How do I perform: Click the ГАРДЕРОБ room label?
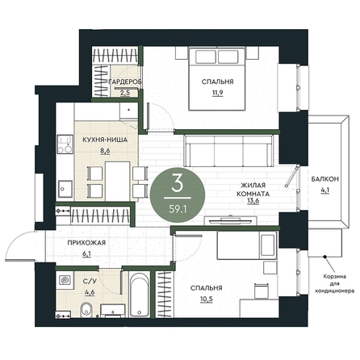[x=124, y=82]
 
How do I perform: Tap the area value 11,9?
[x=217, y=93]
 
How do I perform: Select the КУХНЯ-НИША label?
[x=105, y=140]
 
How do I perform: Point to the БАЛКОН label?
[x=324, y=179]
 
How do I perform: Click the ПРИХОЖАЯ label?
[x=86, y=243]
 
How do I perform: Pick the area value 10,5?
[x=207, y=299]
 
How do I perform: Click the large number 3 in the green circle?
[x=178, y=183]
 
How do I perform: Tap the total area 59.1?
[x=178, y=209]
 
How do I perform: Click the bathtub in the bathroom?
[x=139, y=294]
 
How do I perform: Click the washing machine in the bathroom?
[x=65, y=280]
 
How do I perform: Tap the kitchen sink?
[x=65, y=189]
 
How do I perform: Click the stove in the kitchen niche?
[x=65, y=144]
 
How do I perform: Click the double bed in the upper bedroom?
[x=217, y=79]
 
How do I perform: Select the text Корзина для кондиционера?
[x=334, y=283]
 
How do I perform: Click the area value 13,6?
[x=253, y=201]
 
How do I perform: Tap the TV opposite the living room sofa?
[x=231, y=221]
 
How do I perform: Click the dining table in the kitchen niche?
[x=118, y=182]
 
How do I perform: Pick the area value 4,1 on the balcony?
[x=325, y=190]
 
